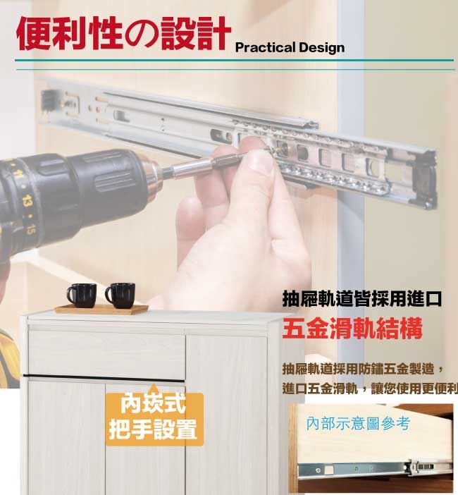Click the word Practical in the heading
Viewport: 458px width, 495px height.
click(265, 48)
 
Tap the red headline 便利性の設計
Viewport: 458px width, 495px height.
click(123, 33)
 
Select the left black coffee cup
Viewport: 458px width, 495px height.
click(82, 295)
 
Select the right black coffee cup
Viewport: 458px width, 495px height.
click(120, 295)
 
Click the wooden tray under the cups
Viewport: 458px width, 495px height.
click(101, 309)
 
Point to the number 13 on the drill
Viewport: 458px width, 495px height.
click(27, 200)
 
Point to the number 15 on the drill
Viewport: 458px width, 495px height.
click(30, 228)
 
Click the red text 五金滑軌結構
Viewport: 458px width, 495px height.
click(352, 329)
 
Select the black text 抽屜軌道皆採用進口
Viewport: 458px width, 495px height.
click(361, 298)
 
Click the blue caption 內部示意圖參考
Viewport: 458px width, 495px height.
click(358, 423)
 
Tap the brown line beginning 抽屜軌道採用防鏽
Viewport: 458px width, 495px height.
click(364, 369)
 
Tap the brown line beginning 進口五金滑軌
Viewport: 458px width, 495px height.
click(370, 389)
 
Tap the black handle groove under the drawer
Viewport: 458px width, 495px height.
click(104, 378)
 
